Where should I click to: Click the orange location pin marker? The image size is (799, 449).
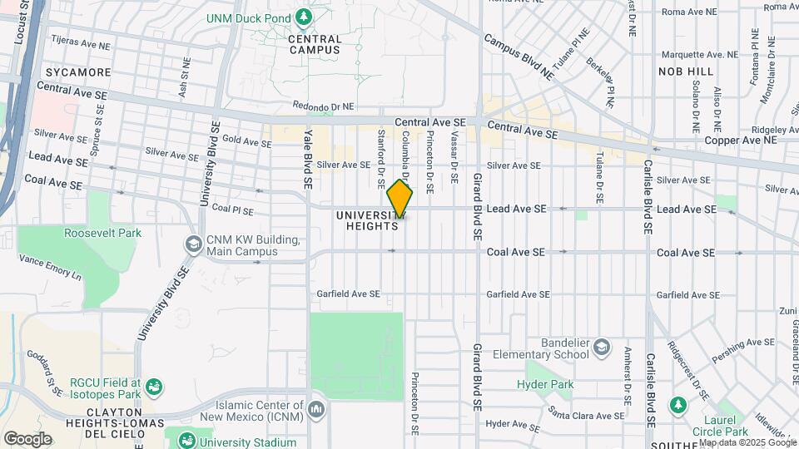pos(400,200)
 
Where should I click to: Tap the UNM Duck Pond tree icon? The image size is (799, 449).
pos(305,16)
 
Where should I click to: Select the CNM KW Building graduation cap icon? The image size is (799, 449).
pos(193,243)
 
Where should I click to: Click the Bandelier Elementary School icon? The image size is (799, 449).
pos(603,346)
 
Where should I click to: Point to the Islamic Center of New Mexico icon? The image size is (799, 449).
pos(316,409)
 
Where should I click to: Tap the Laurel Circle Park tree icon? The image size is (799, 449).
pos(679,405)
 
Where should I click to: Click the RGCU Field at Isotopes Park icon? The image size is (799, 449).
pos(153,387)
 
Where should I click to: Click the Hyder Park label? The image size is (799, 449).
pos(545,384)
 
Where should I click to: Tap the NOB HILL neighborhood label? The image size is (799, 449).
pos(686,72)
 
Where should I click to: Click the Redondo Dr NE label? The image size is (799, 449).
pos(324,106)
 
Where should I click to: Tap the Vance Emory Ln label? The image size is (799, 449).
pos(51,267)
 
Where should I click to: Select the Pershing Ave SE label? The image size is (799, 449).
pos(748,342)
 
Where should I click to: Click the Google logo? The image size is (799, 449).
pos(27,438)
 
